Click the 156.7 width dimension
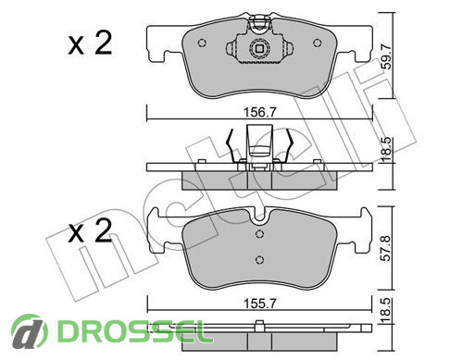[259, 112]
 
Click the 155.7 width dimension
[259, 304]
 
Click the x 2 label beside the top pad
[90, 43]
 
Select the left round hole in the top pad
[202, 43]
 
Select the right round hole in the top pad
[318, 43]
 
